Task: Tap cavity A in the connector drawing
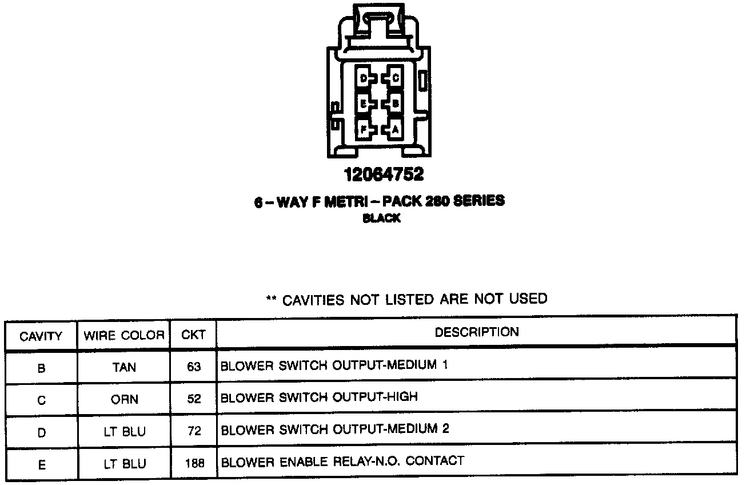tap(394, 129)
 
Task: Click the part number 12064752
tap(384, 174)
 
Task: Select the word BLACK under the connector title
tap(381, 218)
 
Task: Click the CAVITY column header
tap(41, 336)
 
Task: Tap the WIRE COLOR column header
tap(124, 335)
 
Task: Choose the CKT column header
tap(193, 335)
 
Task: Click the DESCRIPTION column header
tap(477, 332)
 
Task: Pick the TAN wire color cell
tap(124, 367)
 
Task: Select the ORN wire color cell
tap(124, 399)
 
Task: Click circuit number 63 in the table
tap(194, 367)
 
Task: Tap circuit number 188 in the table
tap(194, 463)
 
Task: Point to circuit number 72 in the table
tap(194, 431)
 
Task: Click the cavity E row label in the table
tap(41, 464)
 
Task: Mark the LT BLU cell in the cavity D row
tap(124, 431)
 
